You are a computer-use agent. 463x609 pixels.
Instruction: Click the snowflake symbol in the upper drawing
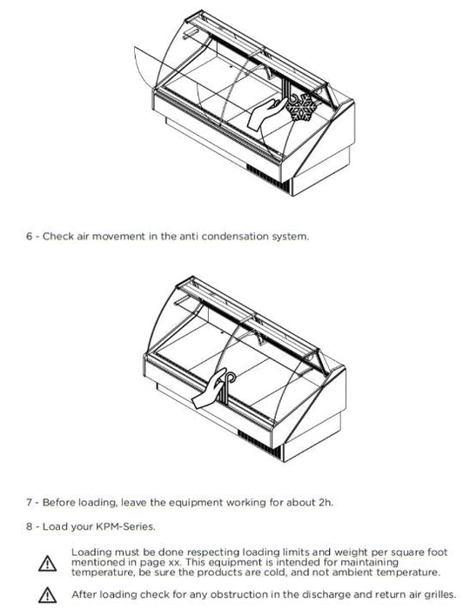tap(302, 106)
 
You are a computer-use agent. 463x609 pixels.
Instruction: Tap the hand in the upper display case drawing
tap(266, 113)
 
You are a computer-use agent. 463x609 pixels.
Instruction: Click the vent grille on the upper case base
tap(268, 178)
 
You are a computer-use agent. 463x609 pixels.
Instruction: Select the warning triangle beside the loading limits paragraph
tap(47, 563)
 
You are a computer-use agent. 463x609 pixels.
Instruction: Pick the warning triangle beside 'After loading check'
tap(47, 594)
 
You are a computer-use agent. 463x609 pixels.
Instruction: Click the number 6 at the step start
tap(29, 236)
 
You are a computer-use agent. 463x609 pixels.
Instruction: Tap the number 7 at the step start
tap(29, 502)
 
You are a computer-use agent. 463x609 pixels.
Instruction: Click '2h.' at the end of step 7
tap(325, 502)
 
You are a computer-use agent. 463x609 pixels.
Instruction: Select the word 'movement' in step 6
tap(118, 236)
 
